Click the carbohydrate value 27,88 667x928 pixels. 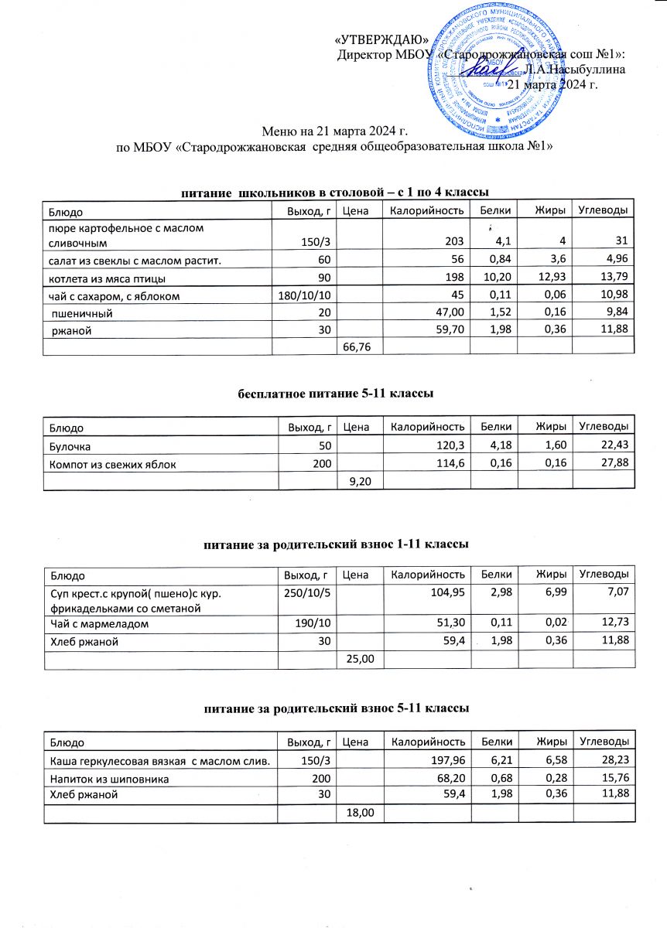pyautogui.click(x=611, y=464)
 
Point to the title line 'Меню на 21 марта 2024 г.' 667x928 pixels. pyautogui.click(x=333, y=131)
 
